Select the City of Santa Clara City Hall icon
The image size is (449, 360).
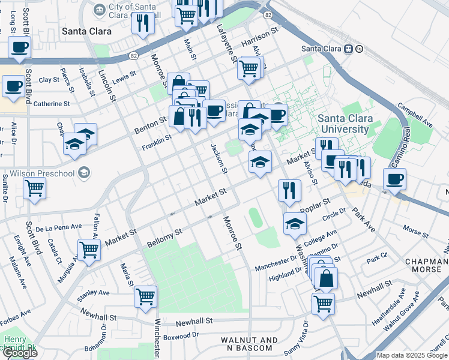click(100, 9)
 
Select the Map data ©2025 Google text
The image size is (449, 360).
click(412, 355)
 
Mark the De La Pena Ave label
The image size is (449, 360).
click(58, 228)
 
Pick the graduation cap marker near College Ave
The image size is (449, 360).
click(294, 224)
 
